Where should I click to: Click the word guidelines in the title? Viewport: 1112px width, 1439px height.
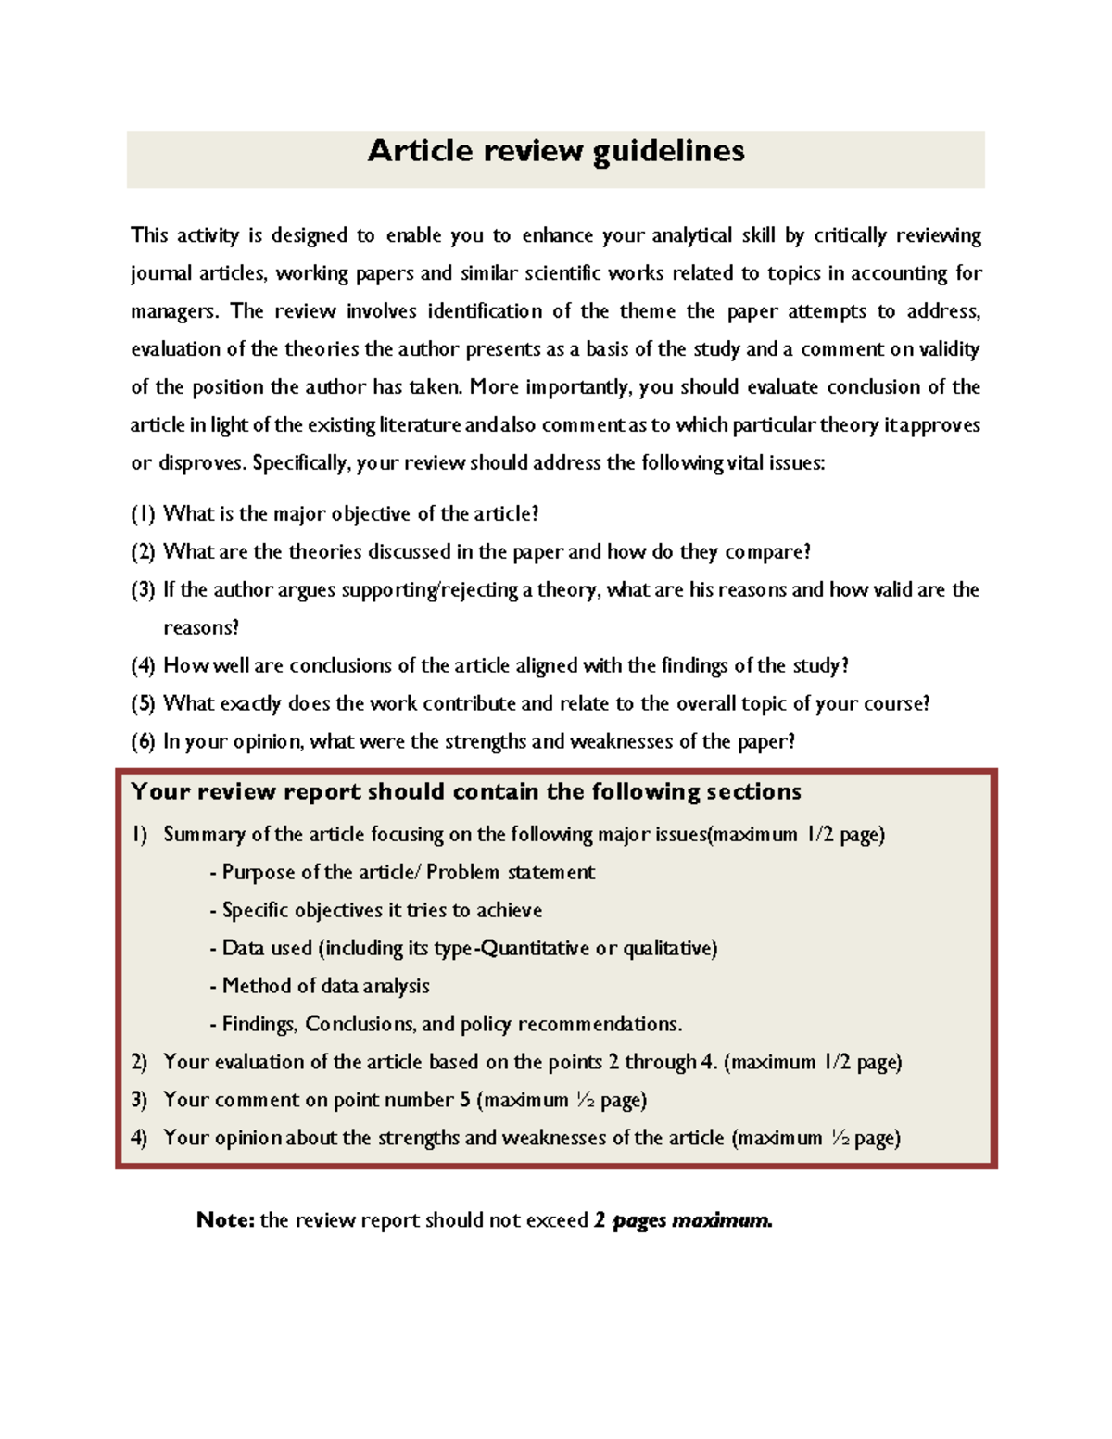point(668,152)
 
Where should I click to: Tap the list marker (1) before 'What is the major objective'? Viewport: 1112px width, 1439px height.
point(143,514)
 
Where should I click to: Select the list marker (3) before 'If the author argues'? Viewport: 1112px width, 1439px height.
point(143,590)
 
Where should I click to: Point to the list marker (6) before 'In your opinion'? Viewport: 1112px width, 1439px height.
point(143,742)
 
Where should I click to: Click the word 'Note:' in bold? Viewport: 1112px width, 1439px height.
point(225,1220)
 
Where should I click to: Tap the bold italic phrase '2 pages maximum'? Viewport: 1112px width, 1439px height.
point(682,1220)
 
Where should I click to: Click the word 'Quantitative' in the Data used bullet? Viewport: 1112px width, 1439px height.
point(535,949)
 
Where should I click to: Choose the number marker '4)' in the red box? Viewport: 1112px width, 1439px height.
point(139,1139)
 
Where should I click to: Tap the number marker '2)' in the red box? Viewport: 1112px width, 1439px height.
point(139,1063)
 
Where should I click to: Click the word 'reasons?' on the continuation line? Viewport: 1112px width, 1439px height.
point(201,628)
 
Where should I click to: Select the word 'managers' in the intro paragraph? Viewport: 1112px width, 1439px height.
point(174,312)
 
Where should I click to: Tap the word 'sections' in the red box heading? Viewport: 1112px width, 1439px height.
point(753,792)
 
